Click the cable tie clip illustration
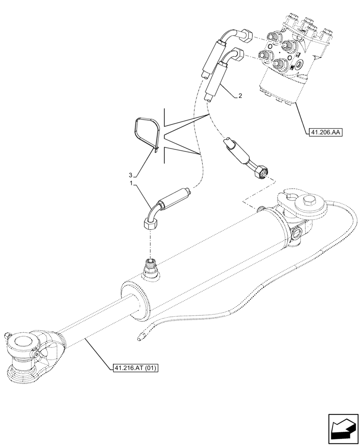tap(147, 133)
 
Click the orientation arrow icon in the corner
tap(343, 429)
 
